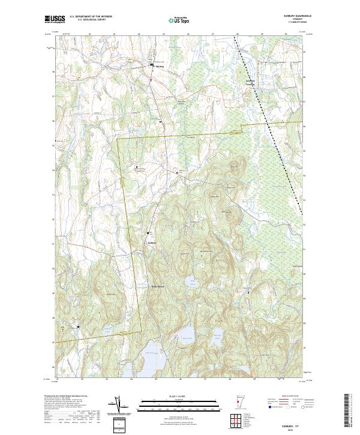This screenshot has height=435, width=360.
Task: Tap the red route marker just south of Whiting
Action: pos(152,79)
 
